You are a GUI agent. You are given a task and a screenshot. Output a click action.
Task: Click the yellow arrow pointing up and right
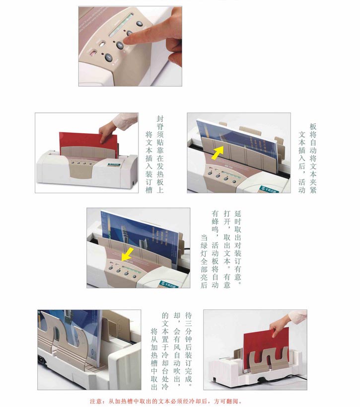coord(217,153)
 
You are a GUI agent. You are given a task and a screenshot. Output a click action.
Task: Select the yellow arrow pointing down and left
coord(127,254)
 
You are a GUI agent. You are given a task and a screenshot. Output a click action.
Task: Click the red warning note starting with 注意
coord(166,402)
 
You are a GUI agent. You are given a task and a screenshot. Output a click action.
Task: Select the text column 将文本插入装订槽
coord(149,162)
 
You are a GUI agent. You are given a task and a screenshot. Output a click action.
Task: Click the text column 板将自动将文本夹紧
coord(313,159)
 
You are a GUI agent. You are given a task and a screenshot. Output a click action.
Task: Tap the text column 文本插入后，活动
coord(301,162)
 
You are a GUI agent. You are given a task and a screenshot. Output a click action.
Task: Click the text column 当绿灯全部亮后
coord(204,261)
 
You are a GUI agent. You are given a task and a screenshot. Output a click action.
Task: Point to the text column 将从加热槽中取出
coord(154,359)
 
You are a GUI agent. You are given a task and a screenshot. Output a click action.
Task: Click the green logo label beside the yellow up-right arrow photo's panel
coord(269,189)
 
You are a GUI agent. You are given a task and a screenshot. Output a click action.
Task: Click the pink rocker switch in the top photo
coord(92,54)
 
